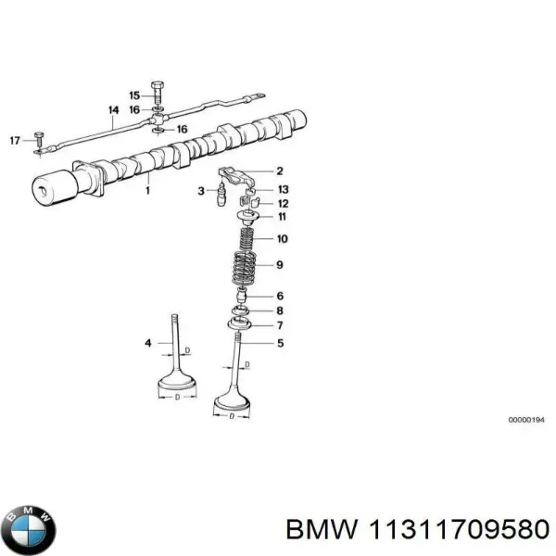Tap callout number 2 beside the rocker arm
(x=280, y=171)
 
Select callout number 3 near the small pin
(x=200, y=191)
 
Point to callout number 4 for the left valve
(x=147, y=344)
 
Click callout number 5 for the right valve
(x=281, y=342)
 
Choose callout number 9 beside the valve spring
(x=281, y=266)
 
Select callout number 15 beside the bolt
(x=134, y=95)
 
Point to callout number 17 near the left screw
(x=14, y=140)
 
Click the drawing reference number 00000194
(x=526, y=446)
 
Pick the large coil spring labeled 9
(x=245, y=264)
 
